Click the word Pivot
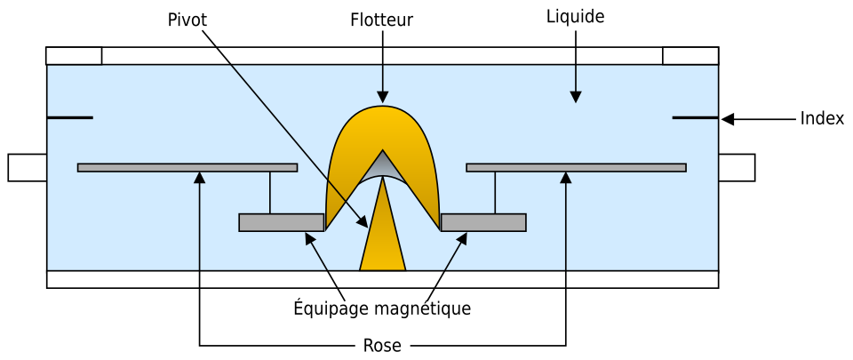coord(187,20)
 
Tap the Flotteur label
coord(382,20)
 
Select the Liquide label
coord(576,17)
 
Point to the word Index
coord(822,118)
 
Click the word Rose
coord(382,345)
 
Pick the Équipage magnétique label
coord(382,308)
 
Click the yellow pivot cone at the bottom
coord(382,224)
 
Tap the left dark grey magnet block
coord(282,222)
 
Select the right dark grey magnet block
coord(483,222)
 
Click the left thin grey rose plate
coord(187,167)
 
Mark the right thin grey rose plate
coord(576,167)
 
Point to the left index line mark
coord(69,117)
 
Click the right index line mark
coord(695,117)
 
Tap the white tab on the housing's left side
coord(28,167)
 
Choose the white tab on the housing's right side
coord(737,167)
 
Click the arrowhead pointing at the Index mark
coord(728,119)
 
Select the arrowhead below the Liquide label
coord(576,96)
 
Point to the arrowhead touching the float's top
coord(382,96)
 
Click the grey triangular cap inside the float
coord(382,166)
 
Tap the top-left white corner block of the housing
coord(74,56)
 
